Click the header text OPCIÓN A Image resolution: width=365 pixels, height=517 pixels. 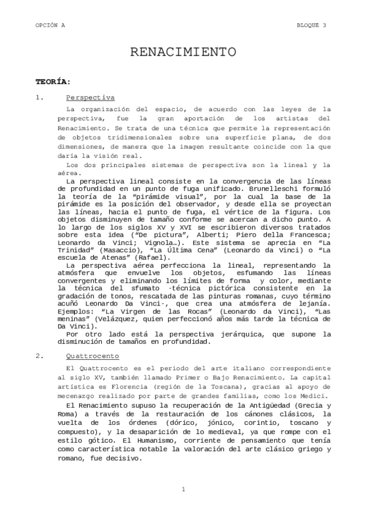[49, 25]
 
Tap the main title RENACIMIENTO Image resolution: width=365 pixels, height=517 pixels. [183, 52]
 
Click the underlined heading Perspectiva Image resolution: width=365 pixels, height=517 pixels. [90, 98]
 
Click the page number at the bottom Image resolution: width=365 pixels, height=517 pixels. [183, 489]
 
